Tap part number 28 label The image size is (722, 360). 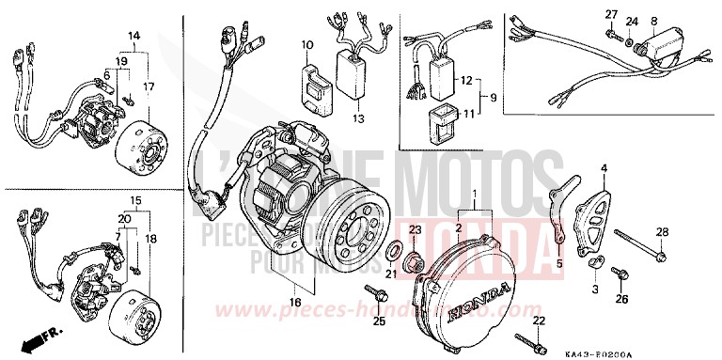coord(662,232)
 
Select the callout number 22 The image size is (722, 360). coord(539,321)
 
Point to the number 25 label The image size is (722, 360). coord(379,322)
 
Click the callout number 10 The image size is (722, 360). coord(306,45)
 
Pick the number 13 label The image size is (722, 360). coord(357,119)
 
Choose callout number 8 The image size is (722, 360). coord(653,21)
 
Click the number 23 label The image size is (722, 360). coord(415,230)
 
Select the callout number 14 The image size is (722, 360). coord(134,36)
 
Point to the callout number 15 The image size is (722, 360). coord(135,201)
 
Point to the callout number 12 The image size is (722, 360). coord(465,82)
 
